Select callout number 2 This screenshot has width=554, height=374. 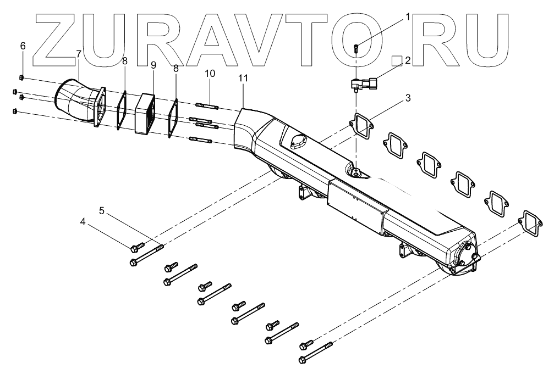pyautogui.click(x=408, y=60)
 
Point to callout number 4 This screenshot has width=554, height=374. pyautogui.click(x=83, y=222)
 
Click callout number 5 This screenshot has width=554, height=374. pyautogui.click(x=102, y=210)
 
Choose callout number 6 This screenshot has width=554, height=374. pyautogui.click(x=23, y=46)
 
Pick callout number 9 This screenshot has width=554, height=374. pyautogui.click(x=153, y=65)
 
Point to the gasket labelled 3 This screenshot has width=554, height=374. pyautogui.click(x=361, y=124)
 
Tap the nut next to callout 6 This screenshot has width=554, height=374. pyautogui.click(x=21, y=76)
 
